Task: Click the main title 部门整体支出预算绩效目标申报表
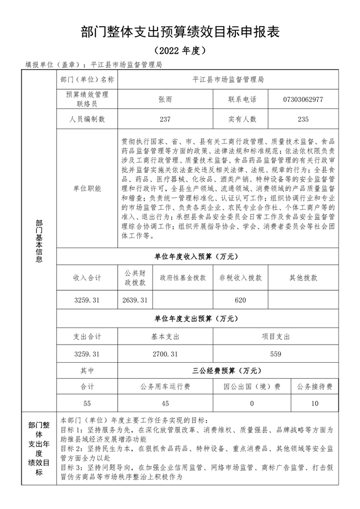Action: (180, 31)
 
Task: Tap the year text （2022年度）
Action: (180, 50)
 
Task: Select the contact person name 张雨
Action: (165, 99)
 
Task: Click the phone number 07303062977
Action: (303, 99)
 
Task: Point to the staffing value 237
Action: (165, 120)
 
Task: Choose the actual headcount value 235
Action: (303, 120)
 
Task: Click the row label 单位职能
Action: (87, 189)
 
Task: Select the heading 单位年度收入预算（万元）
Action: (196, 257)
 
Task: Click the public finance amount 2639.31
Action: (135, 299)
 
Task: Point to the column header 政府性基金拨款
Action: (182, 278)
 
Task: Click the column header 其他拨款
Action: (303, 278)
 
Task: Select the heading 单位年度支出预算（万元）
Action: (196, 319)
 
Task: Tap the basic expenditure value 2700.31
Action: (166, 354)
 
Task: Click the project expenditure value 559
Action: (276, 354)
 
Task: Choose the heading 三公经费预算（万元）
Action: (226, 371)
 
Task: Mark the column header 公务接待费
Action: (315, 387)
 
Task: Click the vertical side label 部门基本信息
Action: (39, 241)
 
